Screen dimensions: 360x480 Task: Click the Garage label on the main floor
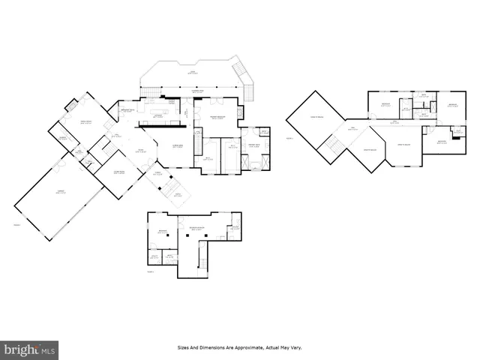click(58, 193)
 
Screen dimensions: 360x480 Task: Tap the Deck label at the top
click(192, 73)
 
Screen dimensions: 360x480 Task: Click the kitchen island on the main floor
click(158, 115)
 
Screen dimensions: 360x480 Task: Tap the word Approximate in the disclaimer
click(238, 348)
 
